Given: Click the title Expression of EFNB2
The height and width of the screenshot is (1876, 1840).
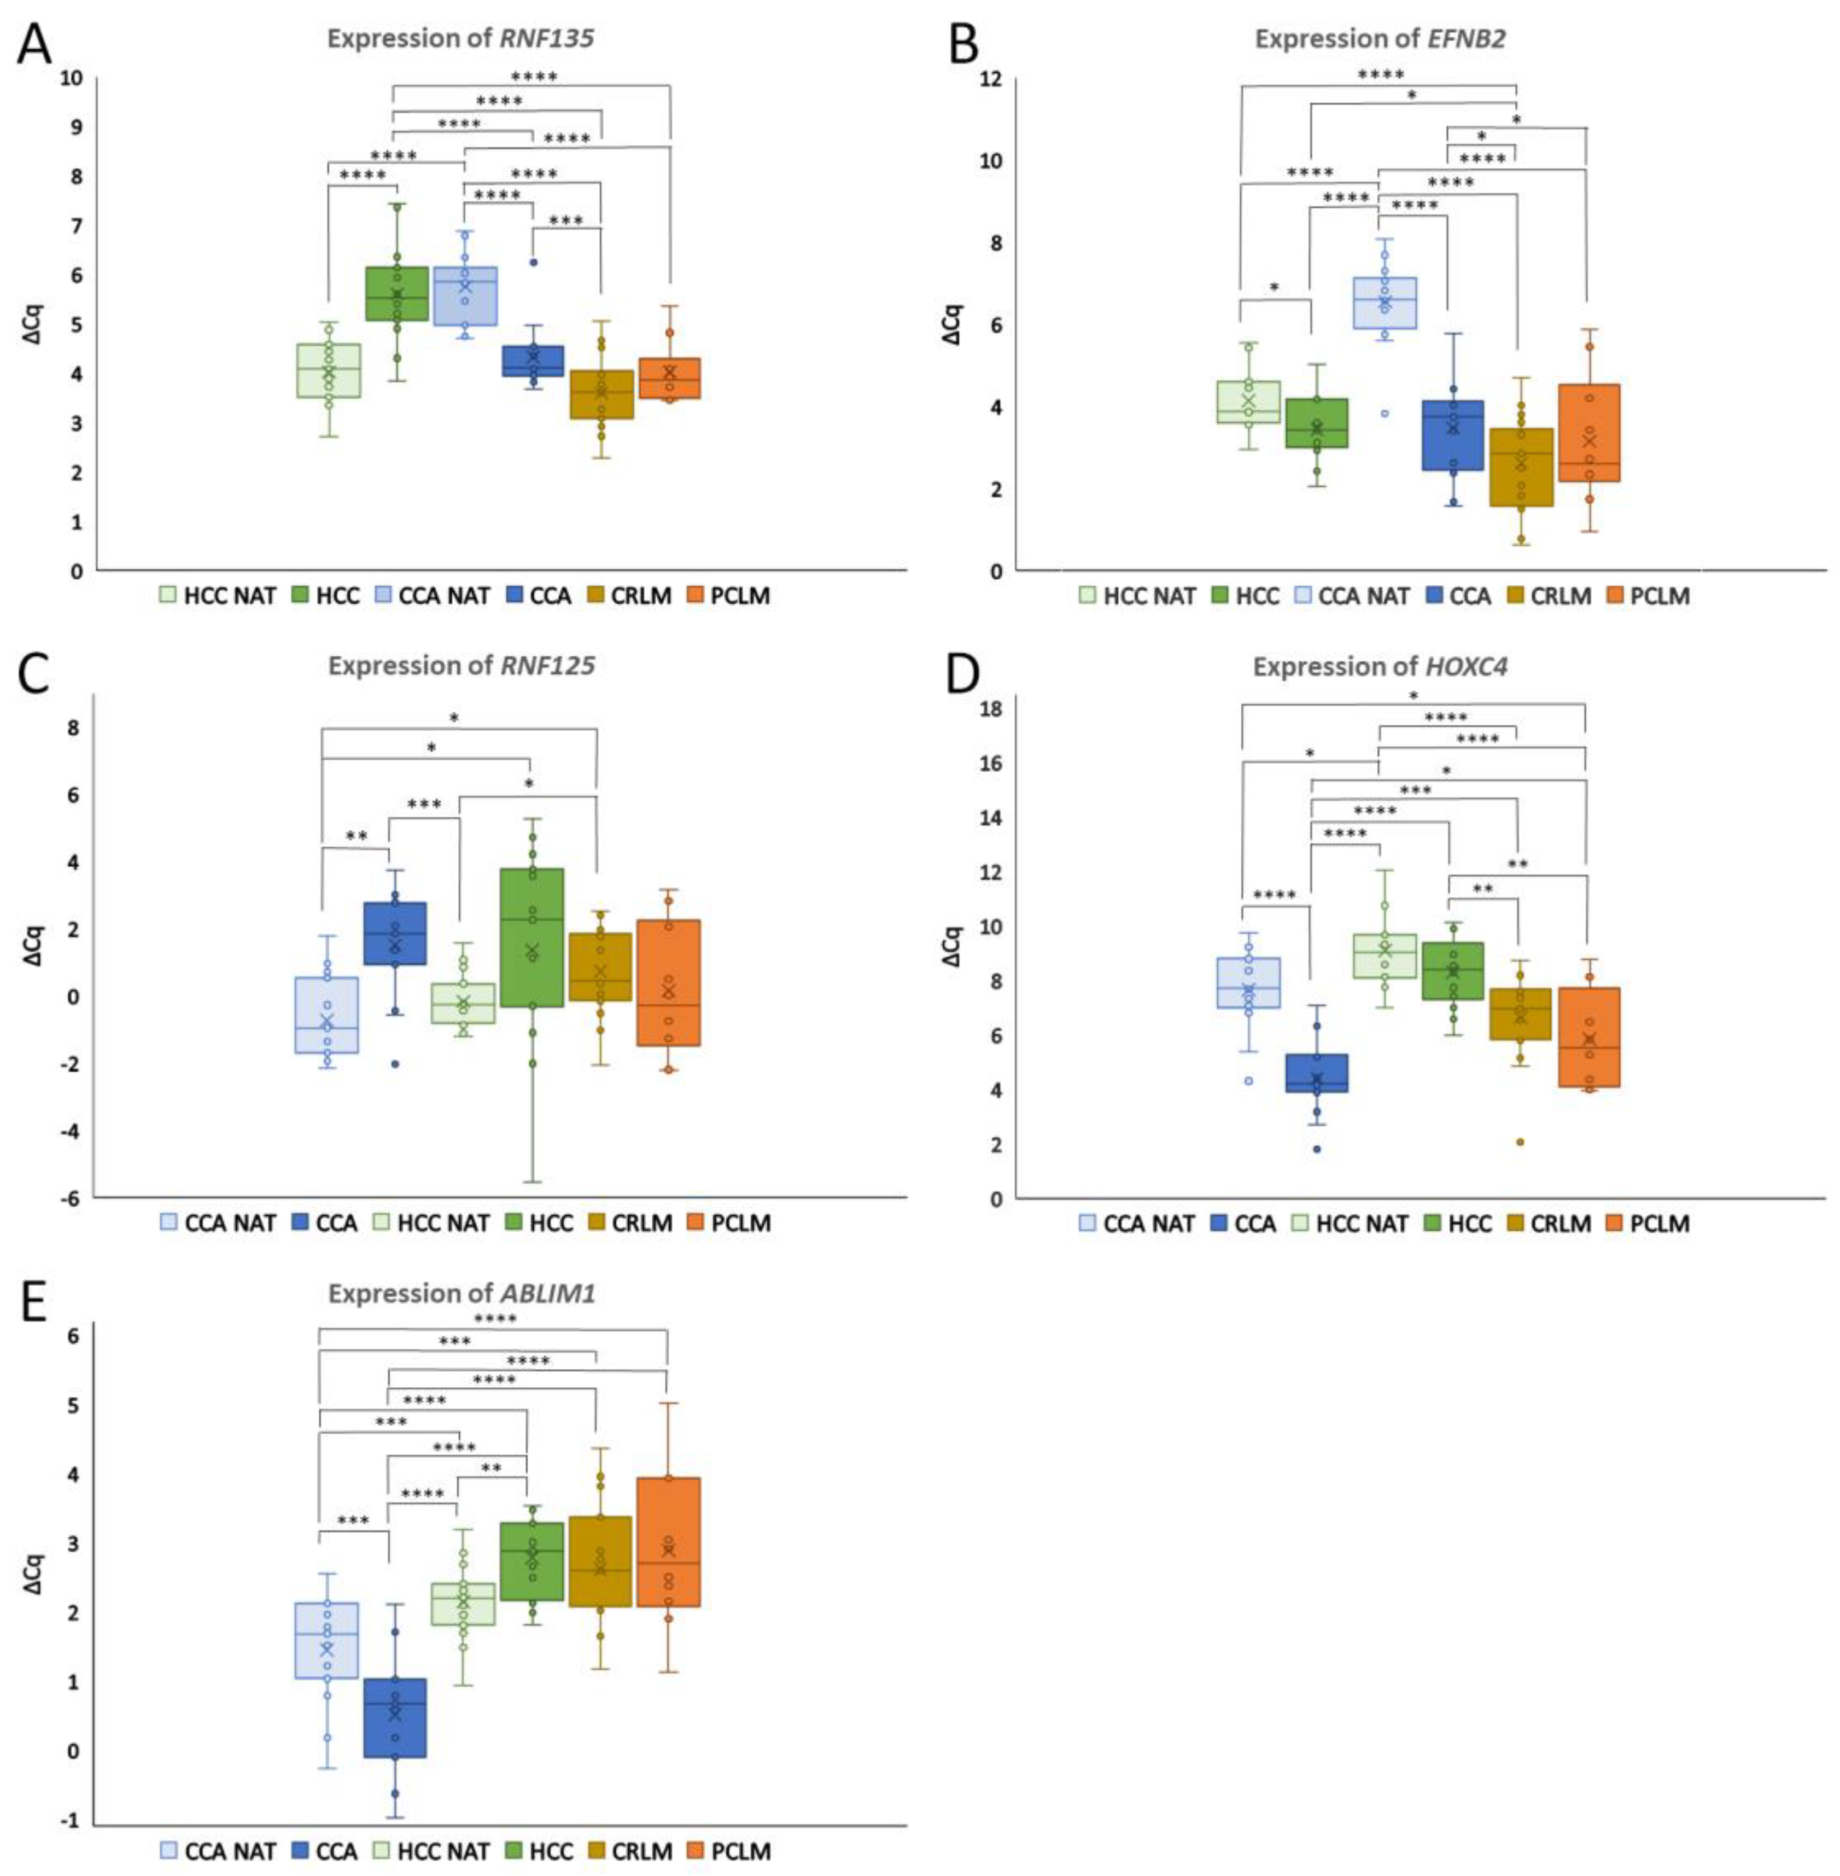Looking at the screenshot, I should (x=1380, y=39).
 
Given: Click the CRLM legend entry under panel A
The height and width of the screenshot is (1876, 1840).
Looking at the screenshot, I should (x=628, y=596).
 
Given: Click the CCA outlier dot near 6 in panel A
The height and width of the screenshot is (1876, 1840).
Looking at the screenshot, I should (x=533, y=262).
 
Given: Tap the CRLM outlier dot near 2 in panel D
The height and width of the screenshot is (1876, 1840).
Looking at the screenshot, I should (x=1519, y=1141).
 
